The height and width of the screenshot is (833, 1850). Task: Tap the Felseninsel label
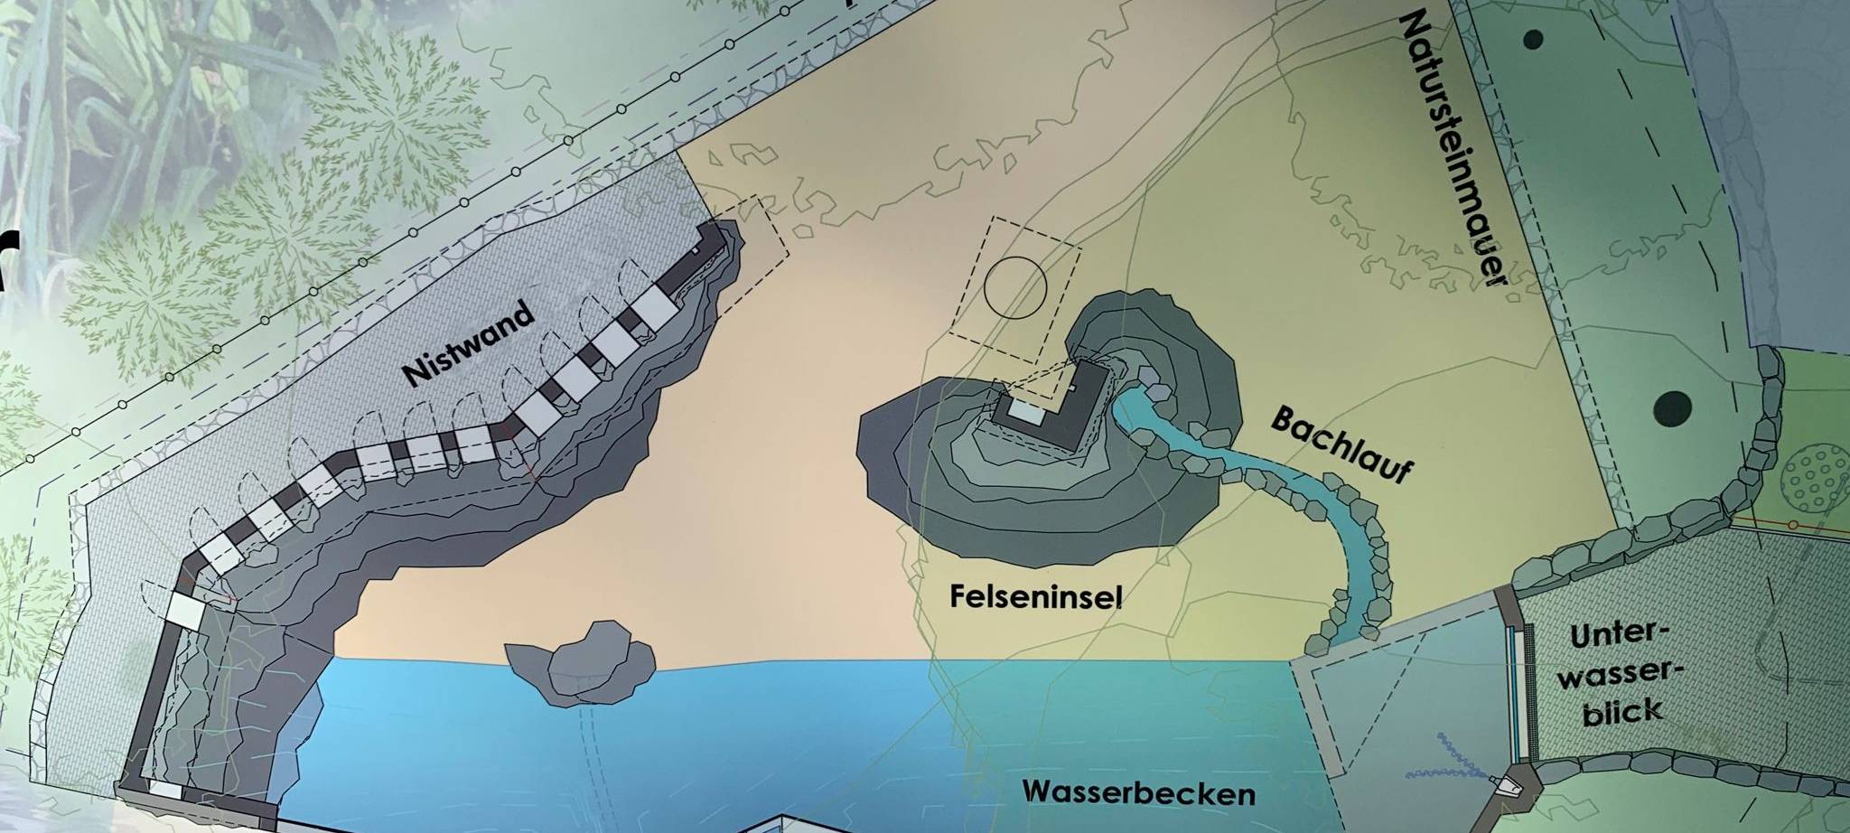coord(1035,595)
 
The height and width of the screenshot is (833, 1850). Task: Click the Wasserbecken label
coord(1139,793)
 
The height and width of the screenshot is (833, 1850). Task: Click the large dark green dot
coord(1672,407)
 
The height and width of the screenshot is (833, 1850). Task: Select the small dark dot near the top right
coord(1534,40)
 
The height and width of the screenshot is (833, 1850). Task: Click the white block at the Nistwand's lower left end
coord(184,609)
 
